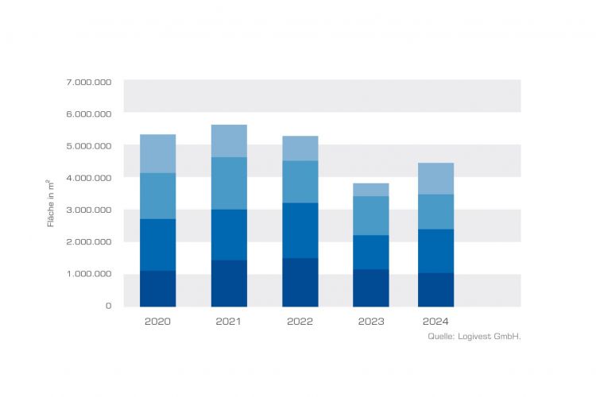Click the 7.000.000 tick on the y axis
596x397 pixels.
point(89,82)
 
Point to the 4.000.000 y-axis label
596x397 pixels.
point(89,178)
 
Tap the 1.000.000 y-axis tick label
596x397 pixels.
point(89,274)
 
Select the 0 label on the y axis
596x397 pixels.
point(108,306)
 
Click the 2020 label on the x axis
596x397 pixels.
point(157,322)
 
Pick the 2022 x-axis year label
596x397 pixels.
point(300,322)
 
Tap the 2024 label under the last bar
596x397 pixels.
point(435,322)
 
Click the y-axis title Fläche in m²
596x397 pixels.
point(51,202)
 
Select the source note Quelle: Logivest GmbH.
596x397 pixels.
point(474,337)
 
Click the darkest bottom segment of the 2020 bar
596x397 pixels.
point(157,288)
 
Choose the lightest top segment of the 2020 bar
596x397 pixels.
point(157,153)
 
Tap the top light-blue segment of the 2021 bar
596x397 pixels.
point(229,141)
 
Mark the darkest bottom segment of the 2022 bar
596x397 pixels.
point(300,282)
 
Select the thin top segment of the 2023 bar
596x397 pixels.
point(371,189)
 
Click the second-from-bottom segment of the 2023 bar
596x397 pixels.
point(371,252)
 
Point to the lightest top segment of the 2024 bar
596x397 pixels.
point(435,178)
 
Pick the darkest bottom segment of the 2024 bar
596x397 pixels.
point(435,289)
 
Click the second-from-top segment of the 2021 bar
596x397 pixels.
point(229,183)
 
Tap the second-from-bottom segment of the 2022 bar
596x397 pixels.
point(300,230)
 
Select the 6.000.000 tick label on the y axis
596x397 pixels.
point(89,114)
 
